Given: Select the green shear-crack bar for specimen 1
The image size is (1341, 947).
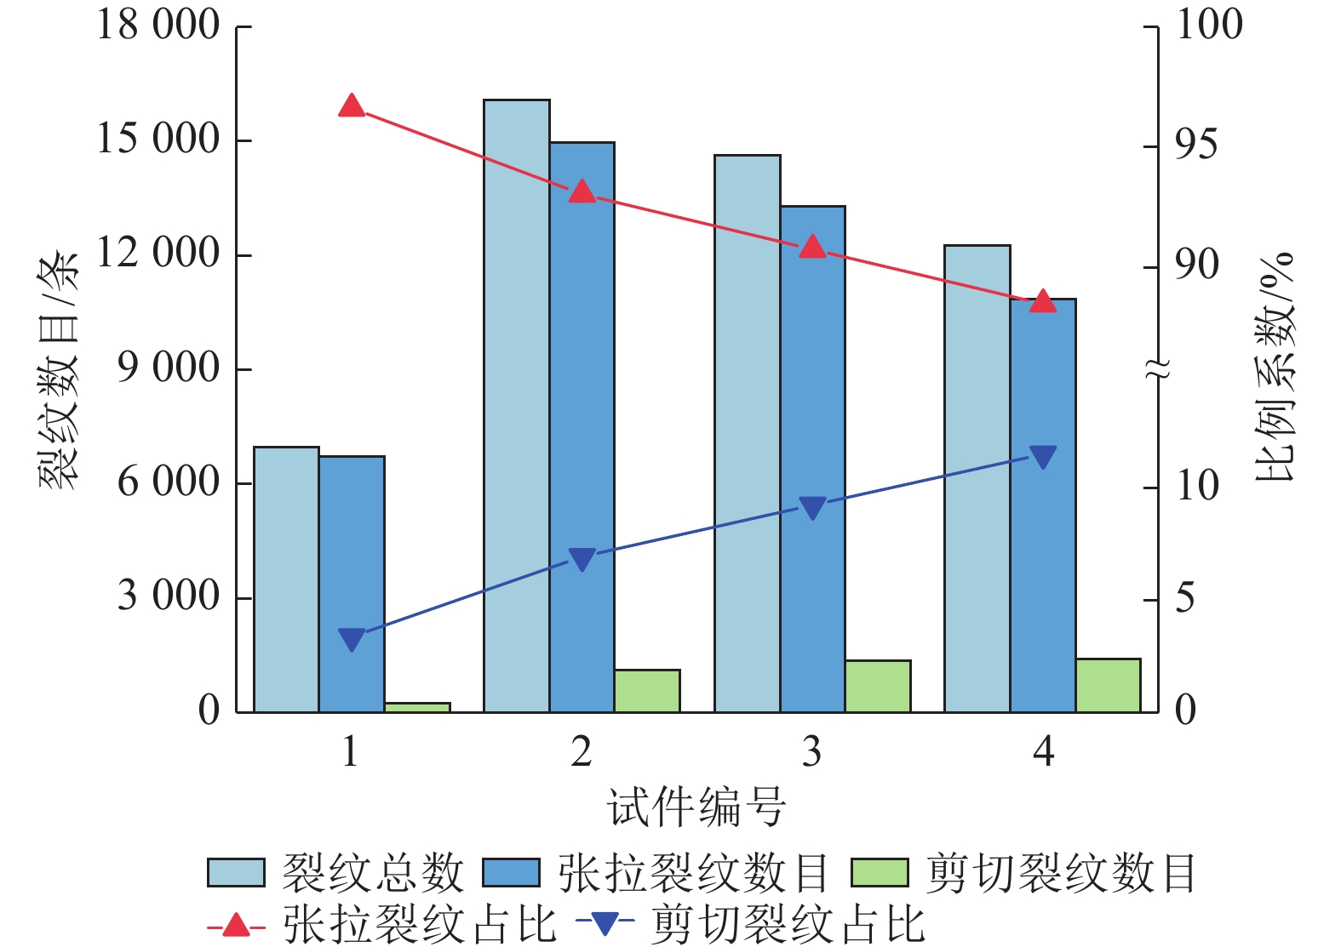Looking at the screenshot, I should pyautogui.click(x=417, y=707).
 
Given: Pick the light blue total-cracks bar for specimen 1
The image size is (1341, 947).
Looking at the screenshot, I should pyautogui.click(x=286, y=579).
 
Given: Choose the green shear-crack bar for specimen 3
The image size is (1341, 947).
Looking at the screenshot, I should pyautogui.click(x=878, y=686).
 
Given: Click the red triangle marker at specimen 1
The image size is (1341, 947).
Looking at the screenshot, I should pyautogui.click(x=352, y=106).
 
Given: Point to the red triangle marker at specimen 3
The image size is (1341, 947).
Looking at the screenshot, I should pyautogui.click(x=813, y=247).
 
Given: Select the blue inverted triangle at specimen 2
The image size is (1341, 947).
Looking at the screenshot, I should pyautogui.click(x=582, y=559).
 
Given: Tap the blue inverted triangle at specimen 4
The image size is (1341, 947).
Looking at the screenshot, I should pyautogui.click(x=1043, y=457).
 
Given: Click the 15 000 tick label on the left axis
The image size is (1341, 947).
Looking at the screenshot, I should pyautogui.click(x=158, y=139).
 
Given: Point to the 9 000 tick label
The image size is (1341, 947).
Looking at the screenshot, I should pyautogui.click(x=169, y=368).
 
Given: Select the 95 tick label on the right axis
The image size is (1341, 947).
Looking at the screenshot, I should pyautogui.click(x=1195, y=145).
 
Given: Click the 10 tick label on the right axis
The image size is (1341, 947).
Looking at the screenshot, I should pyautogui.click(x=1196, y=486).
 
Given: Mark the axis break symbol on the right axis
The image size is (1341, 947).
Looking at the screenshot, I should pyautogui.click(x=1158, y=368).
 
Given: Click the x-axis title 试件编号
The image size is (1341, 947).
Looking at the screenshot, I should pyautogui.click(x=696, y=807).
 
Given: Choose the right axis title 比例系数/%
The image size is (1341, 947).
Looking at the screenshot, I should pyautogui.click(x=1274, y=367).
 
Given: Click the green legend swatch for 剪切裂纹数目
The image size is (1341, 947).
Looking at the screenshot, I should pyautogui.click(x=880, y=872).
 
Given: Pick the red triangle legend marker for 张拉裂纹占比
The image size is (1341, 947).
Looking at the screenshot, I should pyautogui.click(x=236, y=924).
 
